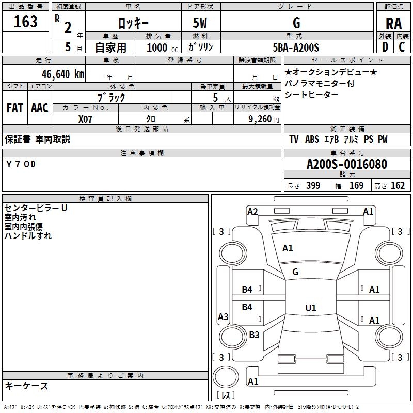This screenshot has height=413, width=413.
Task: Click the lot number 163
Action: [x=25, y=22]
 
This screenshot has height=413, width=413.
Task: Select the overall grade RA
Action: [x=393, y=24]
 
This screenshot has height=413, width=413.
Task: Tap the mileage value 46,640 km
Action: [x=62, y=74]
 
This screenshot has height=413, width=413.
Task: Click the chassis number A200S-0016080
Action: [x=347, y=164]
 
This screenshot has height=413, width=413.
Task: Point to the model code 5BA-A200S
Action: [x=296, y=47]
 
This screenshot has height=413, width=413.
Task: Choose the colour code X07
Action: [x=85, y=119]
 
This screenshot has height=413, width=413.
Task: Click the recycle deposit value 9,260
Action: [x=260, y=119]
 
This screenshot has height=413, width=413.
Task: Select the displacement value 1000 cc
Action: [x=162, y=47]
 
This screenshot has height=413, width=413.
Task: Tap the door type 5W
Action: [x=200, y=23]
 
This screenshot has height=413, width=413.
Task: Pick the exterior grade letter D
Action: [x=385, y=47]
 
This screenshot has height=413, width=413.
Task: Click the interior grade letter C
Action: [x=402, y=47]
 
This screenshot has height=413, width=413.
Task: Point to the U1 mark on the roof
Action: [x=311, y=308]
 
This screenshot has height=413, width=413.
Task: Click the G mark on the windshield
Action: [x=295, y=272]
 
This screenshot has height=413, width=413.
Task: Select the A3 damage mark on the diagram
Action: [x=223, y=316]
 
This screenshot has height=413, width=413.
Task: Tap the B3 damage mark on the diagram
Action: [x=254, y=335]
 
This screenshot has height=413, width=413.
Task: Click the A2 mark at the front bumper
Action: [x=252, y=212]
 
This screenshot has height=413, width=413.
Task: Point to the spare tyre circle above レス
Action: [x=226, y=377]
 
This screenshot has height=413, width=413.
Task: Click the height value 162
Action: [x=398, y=186]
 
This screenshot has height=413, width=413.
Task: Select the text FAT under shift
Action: [x=15, y=108]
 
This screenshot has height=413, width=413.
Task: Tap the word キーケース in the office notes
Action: [x=26, y=386]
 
